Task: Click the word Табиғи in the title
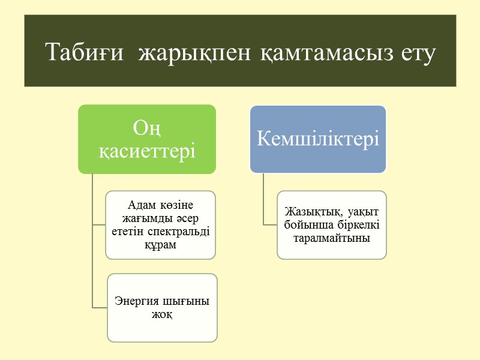[86, 53]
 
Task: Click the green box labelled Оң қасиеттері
[147, 139]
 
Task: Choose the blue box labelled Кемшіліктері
[318, 139]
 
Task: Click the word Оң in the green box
[147, 128]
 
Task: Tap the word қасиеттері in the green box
[147, 151]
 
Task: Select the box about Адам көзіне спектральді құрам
[160, 225]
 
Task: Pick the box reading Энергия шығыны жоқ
[162, 308]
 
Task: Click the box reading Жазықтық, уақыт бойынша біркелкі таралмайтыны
[332, 225]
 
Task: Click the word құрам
[160, 244]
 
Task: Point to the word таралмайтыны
[331, 238]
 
